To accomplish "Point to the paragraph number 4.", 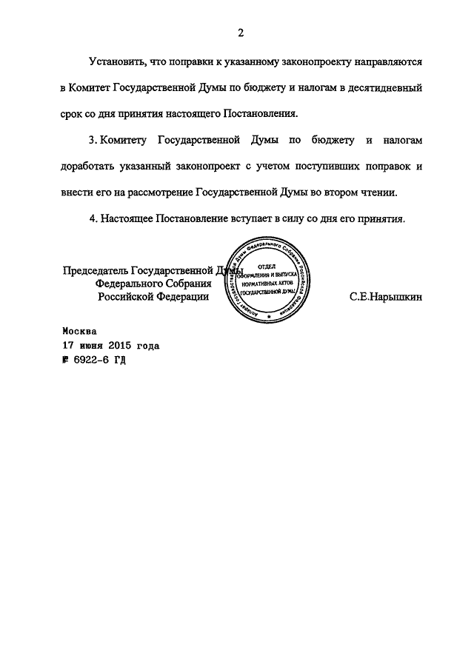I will pos(92,219).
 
